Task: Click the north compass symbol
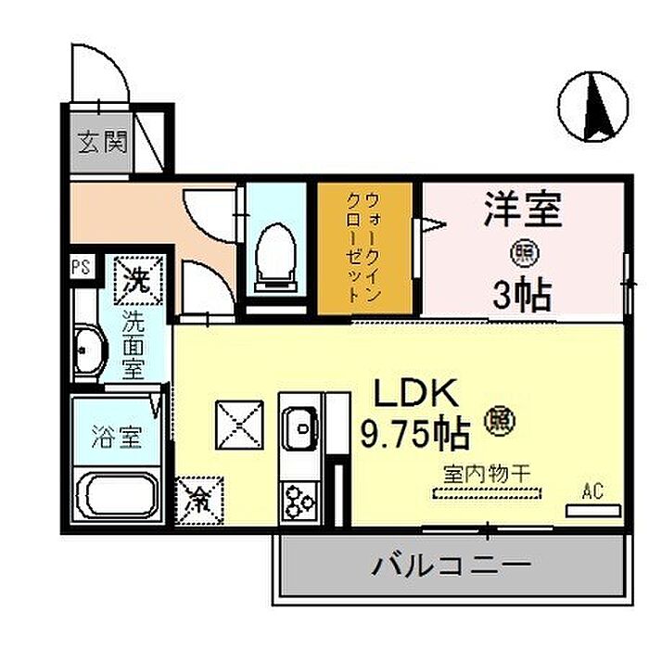pos(592,107)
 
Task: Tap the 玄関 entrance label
pos(102,143)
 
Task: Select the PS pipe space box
pos(82,267)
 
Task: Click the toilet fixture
pos(275,258)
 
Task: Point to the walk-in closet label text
pos(363,248)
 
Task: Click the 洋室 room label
pos(523,210)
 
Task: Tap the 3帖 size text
pos(522,294)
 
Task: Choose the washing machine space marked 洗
pos(139,280)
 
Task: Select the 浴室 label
pos(117,437)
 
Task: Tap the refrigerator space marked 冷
pos(199,501)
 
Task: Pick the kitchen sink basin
pos(301,427)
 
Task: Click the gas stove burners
pos(299,503)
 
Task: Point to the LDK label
pos(415,393)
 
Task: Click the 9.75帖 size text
pos(415,434)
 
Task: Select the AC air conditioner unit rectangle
pos(593,510)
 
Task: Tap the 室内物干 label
pos(487,474)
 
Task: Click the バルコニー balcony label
pos(452,566)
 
